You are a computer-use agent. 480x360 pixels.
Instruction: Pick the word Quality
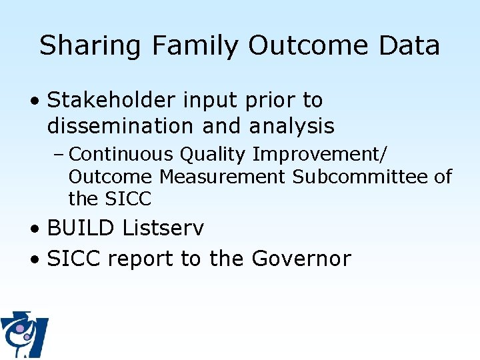click(x=213, y=155)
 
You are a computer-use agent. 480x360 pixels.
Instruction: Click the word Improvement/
click(x=319, y=155)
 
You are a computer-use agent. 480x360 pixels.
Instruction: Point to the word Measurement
click(x=223, y=177)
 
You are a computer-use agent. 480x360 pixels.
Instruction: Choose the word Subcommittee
click(x=359, y=177)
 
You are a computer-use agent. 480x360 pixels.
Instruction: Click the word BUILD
click(x=81, y=228)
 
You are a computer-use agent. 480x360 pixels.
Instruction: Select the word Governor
click(x=301, y=258)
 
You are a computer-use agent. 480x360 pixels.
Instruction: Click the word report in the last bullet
click(x=141, y=259)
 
